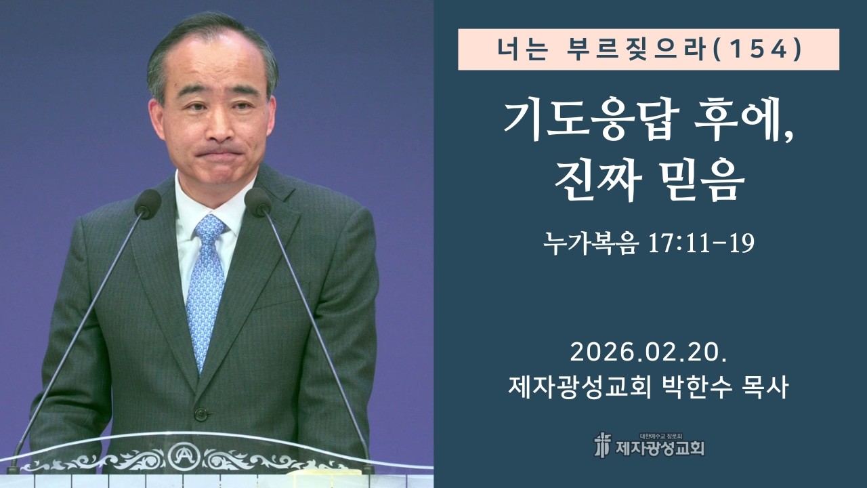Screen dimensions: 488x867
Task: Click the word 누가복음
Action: tap(589, 243)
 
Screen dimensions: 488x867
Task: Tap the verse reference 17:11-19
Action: tap(700, 243)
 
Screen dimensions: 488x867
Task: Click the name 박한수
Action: tap(698, 388)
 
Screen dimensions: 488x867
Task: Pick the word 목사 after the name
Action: tap(765, 388)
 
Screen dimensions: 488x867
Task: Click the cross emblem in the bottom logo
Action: tap(601, 445)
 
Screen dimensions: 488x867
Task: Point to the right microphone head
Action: tap(258, 201)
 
